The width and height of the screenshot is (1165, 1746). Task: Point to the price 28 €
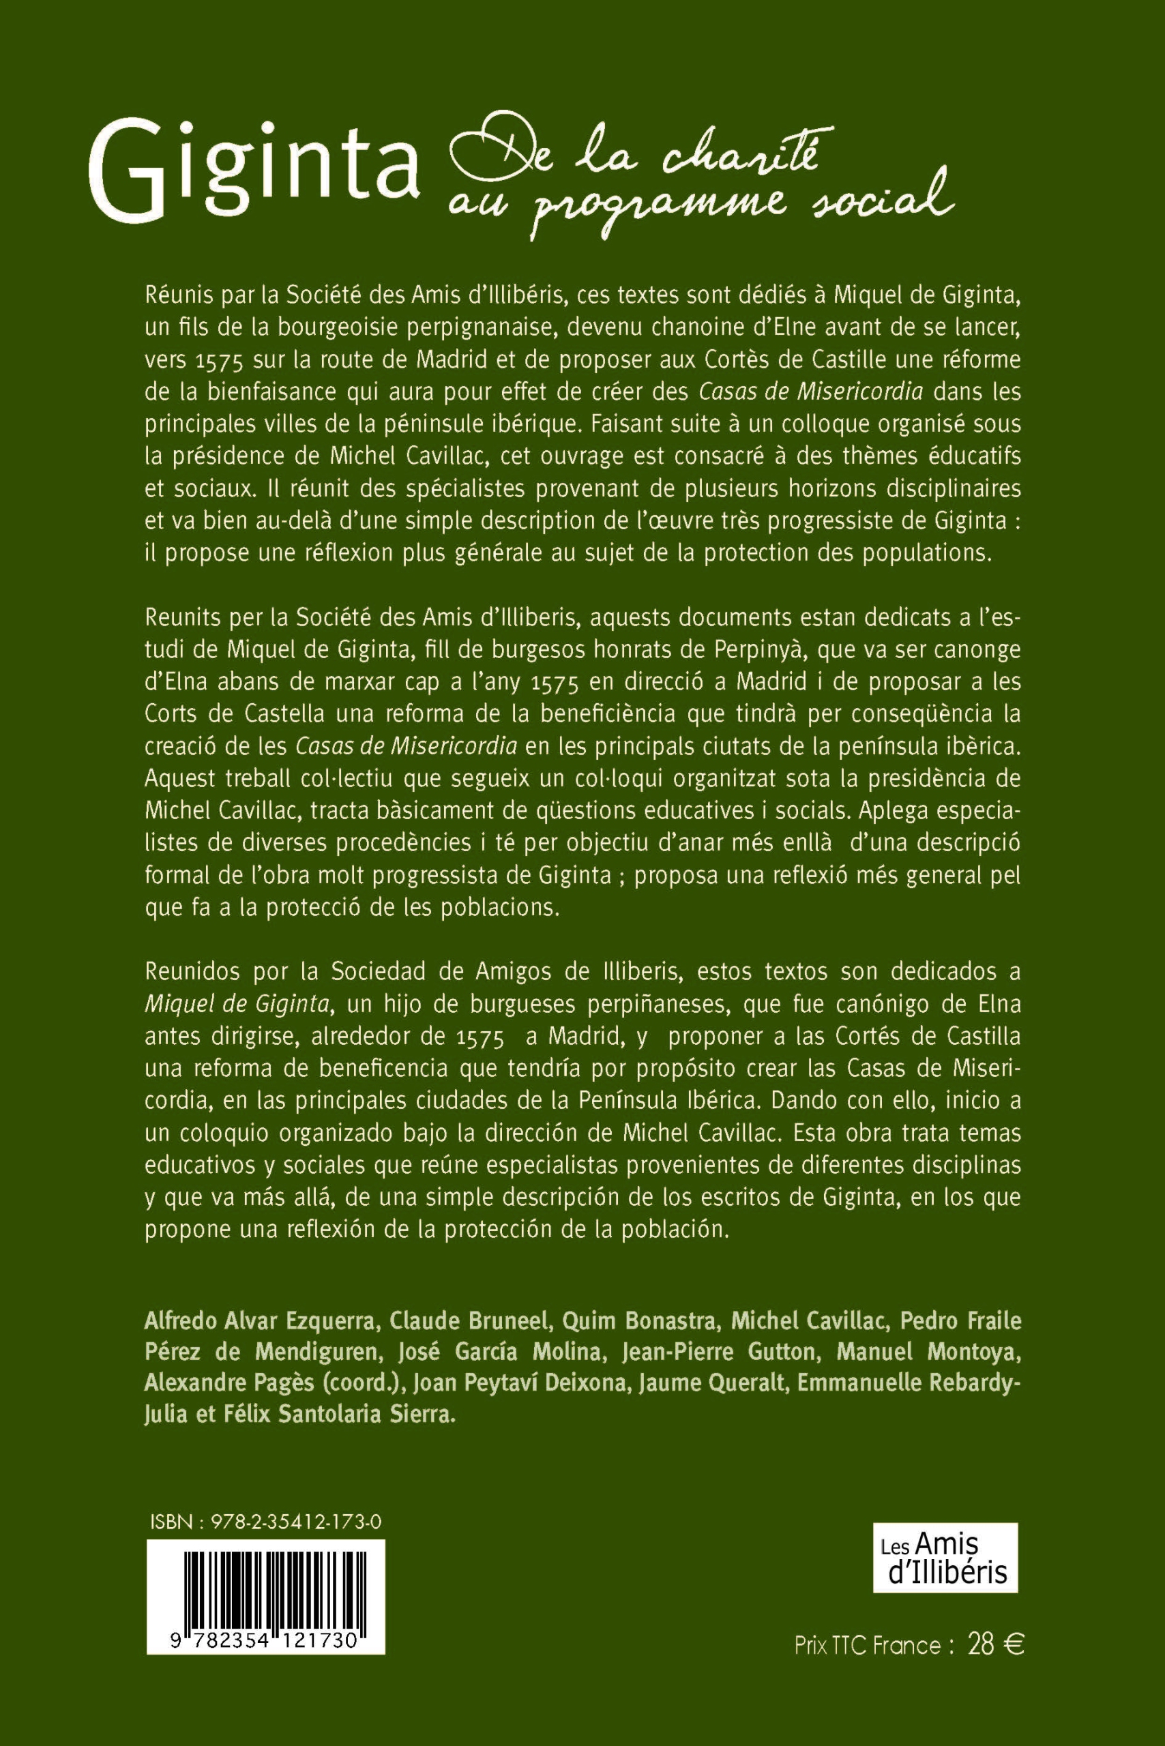coord(996,1646)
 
